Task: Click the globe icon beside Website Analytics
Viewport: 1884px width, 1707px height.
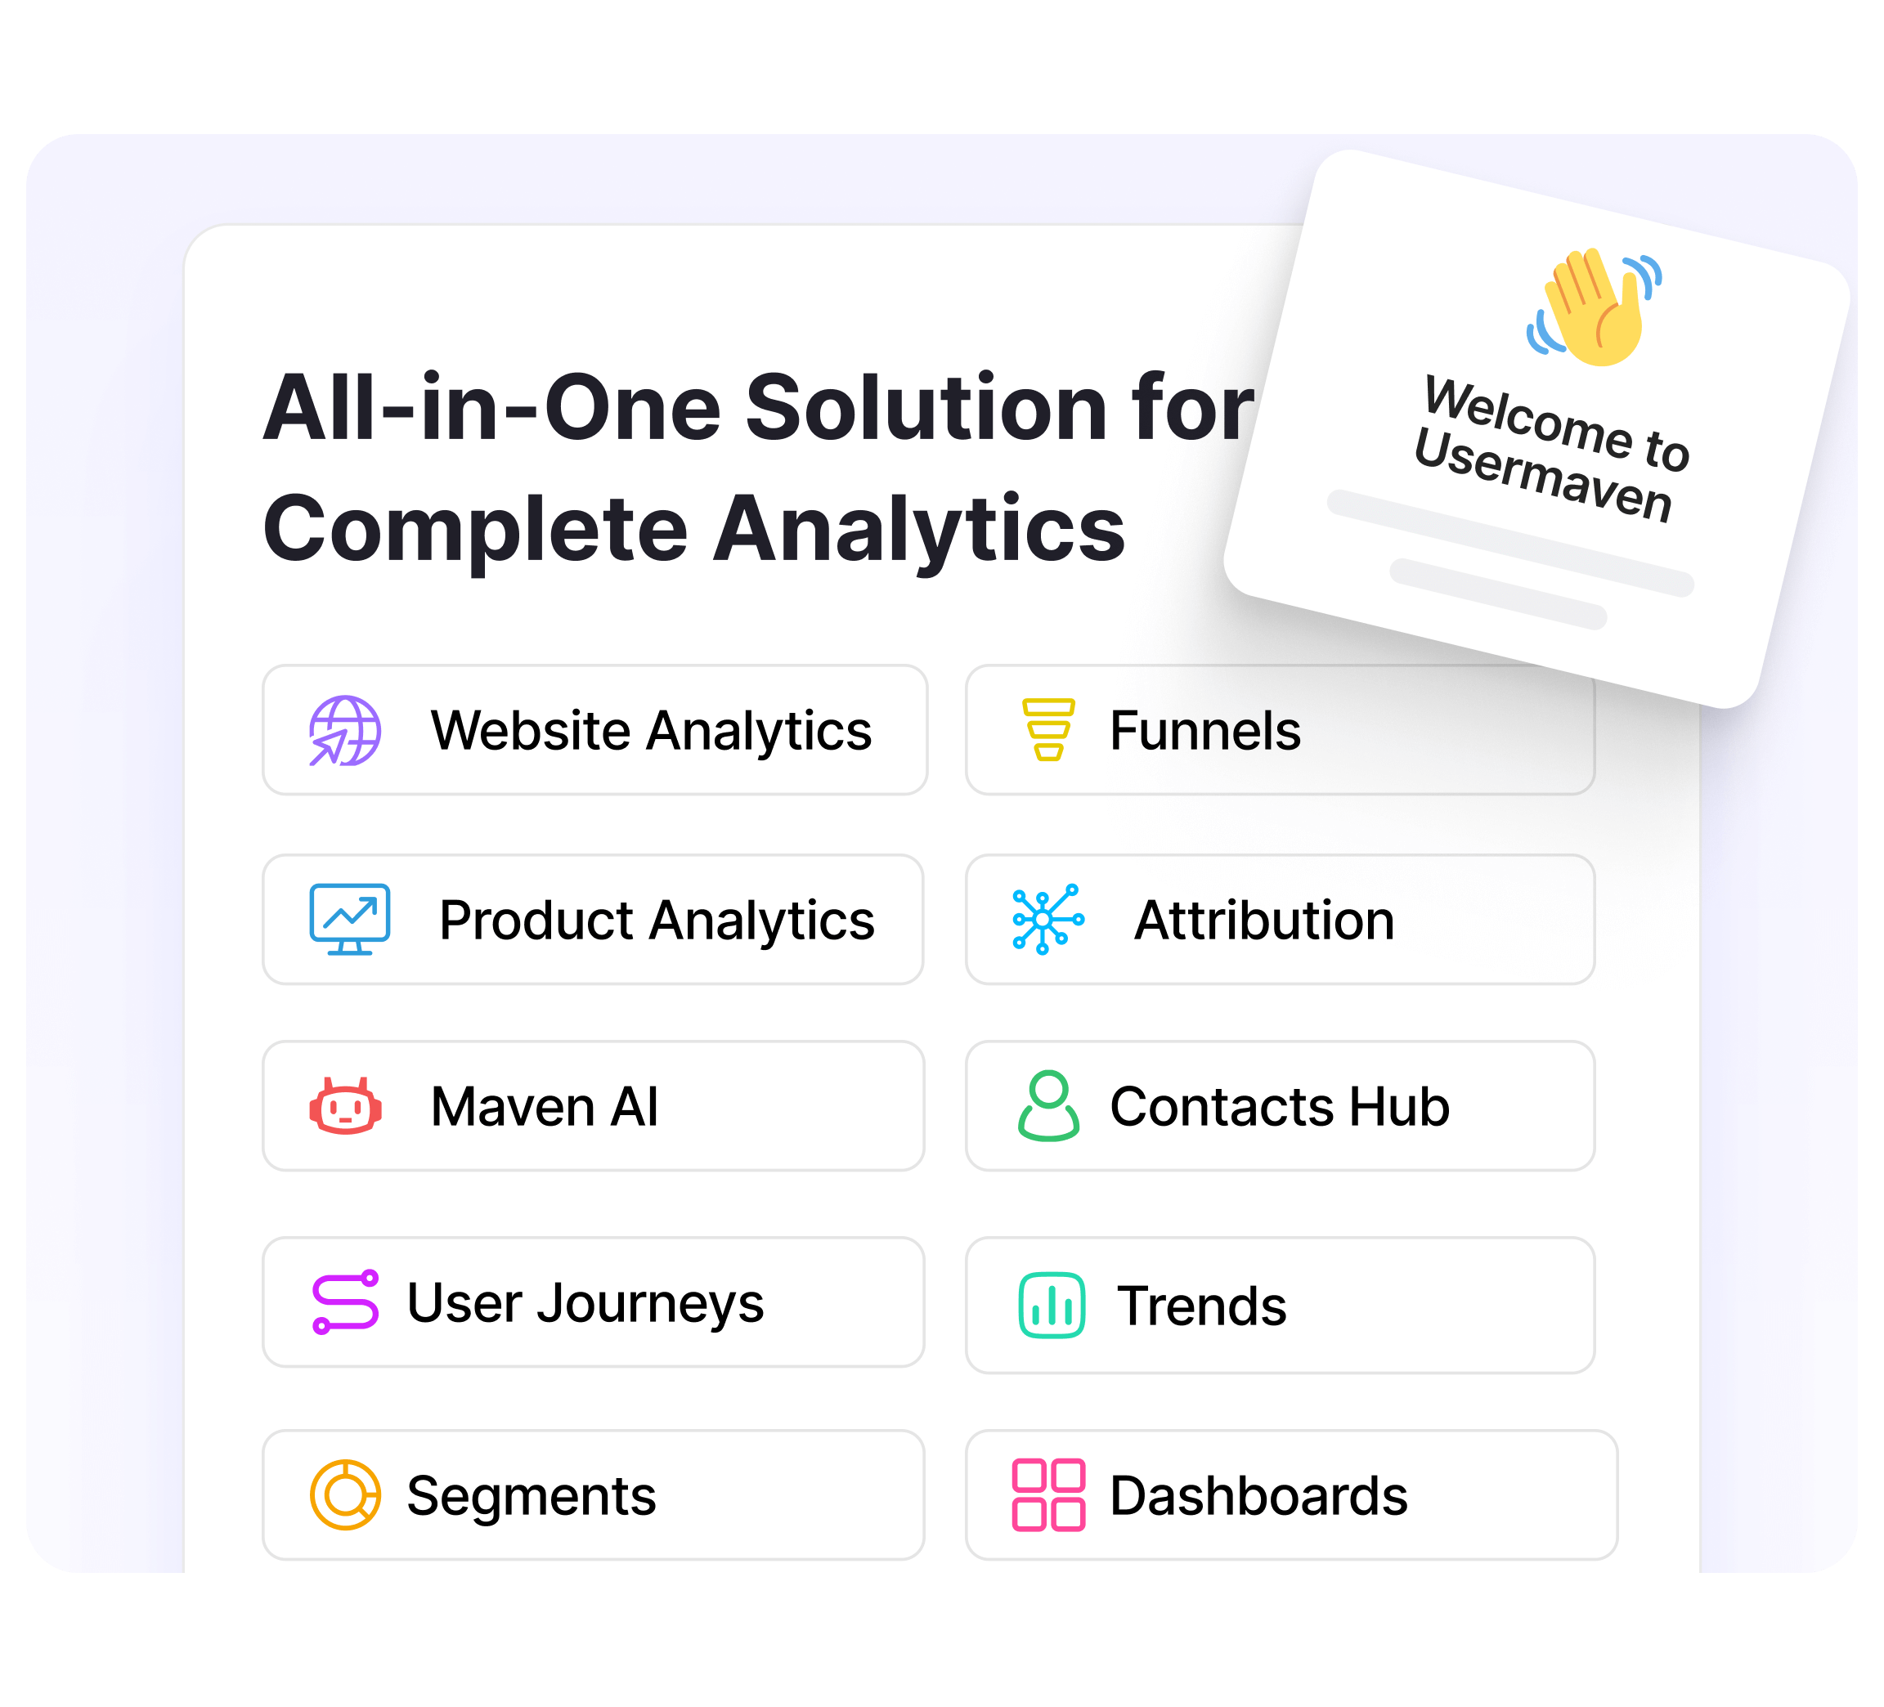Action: [345, 731]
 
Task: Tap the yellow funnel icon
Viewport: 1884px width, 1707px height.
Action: [1047, 730]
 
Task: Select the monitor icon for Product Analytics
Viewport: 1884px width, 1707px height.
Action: [349, 920]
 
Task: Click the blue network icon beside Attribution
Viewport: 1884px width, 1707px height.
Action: [1047, 920]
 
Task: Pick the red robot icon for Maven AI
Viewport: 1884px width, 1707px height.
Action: [345, 1106]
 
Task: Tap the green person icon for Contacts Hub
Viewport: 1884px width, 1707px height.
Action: [1047, 1106]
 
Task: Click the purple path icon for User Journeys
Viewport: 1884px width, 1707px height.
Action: [345, 1302]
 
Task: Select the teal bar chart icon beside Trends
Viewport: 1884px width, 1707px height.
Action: [1052, 1306]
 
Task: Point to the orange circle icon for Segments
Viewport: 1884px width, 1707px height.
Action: [345, 1495]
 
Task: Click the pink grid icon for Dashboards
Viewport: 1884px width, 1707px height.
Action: [1047, 1495]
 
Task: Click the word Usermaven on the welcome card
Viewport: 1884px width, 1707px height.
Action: [1542, 477]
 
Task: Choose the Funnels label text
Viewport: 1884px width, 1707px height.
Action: [1204, 731]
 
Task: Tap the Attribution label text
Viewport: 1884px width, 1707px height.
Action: [1263, 921]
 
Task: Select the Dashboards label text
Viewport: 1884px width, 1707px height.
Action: [1258, 1496]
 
